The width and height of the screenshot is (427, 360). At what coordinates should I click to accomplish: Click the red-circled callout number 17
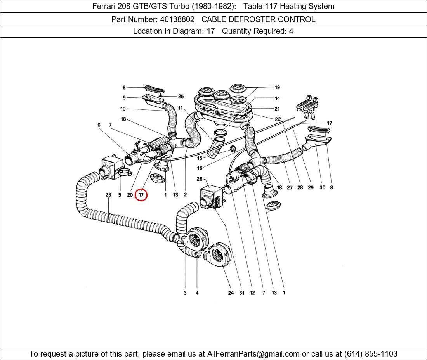pyautogui.click(x=141, y=195)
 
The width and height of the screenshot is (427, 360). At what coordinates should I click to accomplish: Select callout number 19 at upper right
pyautogui.click(x=277, y=88)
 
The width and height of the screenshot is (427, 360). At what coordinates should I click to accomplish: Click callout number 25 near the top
pyautogui.click(x=181, y=97)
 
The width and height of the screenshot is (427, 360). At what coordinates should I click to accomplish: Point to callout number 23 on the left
pyautogui.click(x=108, y=195)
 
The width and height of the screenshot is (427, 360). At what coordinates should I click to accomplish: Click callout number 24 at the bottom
pyautogui.click(x=231, y=293)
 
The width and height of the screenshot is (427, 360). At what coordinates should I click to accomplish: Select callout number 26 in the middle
pyautogui.click(x=200, y=179)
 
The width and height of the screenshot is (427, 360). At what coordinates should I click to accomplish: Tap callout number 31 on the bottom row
pyautogui.click(x=241, y=293)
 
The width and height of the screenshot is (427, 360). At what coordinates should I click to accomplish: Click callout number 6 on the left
pyautogui.click(x=99, y=125)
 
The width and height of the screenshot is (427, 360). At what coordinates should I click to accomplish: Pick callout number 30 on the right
pyautogui.click(x=322, y=187)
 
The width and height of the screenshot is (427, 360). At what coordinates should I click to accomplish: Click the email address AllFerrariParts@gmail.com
pyautogui.click(x=253, y=354)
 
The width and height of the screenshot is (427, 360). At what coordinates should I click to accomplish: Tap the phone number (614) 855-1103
pyautogui.click(x=371, y=354)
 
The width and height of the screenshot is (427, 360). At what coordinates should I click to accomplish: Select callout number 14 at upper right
pyautogui.click(x=277, y=99)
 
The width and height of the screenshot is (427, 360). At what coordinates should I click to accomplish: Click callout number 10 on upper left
pyautogui.click(x=123, y=109)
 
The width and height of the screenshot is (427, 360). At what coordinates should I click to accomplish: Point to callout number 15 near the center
pyautogui.click(x=200, y=158)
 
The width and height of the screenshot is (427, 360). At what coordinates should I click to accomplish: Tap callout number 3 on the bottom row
pyautogui.click(x=185, y=293)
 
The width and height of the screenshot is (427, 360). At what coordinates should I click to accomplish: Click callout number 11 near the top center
pyautogui.click(x=181, y=108)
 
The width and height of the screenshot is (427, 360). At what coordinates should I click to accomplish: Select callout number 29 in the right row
pyautogui.click(x=311, y=187)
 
